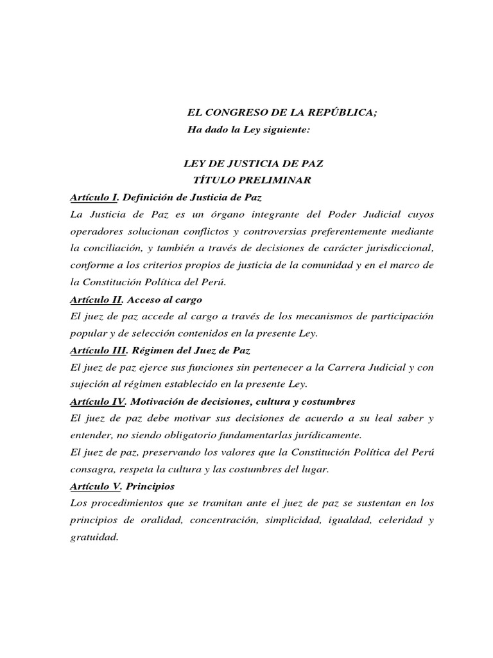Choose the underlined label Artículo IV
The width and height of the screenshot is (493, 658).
click(96, 402)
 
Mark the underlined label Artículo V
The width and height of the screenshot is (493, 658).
click(94, 486)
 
